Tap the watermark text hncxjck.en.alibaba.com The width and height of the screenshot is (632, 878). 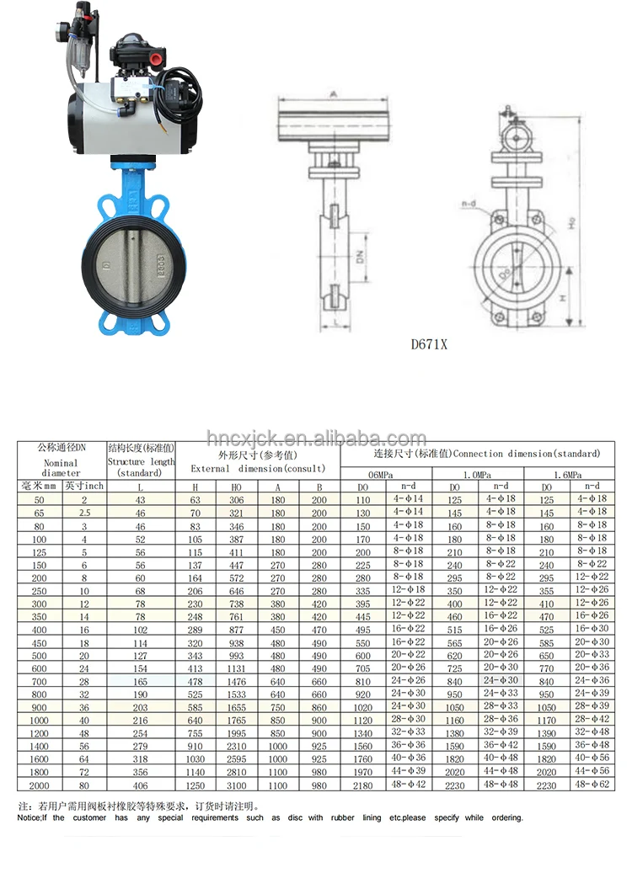[317, 439]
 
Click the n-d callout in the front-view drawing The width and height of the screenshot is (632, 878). [469, 203]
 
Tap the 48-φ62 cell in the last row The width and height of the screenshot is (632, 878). [592, 785]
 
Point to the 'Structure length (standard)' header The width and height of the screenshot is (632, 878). [141, 460]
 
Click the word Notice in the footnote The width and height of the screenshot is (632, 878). [32, 817]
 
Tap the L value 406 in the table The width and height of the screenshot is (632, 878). [140, 785]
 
